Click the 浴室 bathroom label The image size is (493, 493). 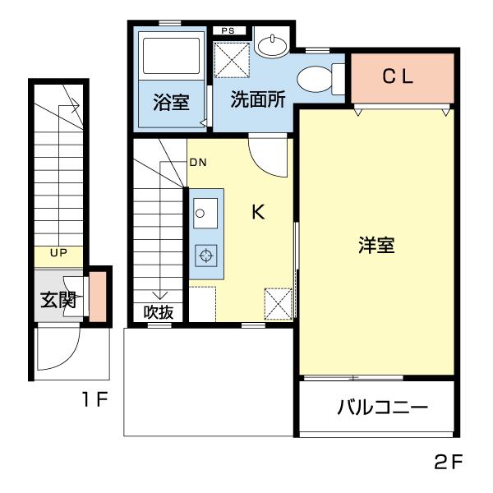(x=172, y=103)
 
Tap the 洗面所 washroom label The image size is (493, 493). (x=257, y=100)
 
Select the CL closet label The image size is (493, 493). (x=401, y=76)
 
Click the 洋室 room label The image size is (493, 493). (x=376, y=245)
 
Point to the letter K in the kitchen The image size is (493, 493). (x=257, y=212)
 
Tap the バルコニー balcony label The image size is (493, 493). (x=382, y=408)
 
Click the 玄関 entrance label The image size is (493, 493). (x=58, y=300)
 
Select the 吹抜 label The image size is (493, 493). (x=159, y=312)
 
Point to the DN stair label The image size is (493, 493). (x=198, y=162)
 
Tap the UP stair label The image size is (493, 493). (x=58, y=253)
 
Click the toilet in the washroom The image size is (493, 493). (x=316, y=80)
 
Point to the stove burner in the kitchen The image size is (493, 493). (x=205, y=256)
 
